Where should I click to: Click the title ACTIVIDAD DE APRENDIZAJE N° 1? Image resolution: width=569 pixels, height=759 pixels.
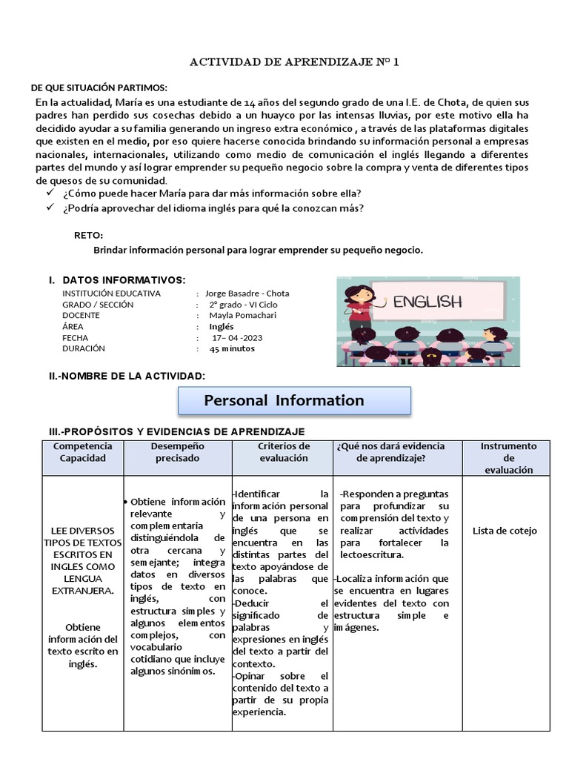[x=295, y=62]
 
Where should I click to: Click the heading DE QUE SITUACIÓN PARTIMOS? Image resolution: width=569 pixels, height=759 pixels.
[x=99, y=88]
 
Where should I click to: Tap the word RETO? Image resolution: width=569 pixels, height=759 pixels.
[x=88, y=235]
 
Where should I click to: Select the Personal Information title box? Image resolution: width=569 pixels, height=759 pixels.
[x=293, y=400]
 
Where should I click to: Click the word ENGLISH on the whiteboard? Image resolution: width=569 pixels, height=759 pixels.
[x=427, y=302]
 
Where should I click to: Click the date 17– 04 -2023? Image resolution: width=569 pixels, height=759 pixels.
[x=236, y=337]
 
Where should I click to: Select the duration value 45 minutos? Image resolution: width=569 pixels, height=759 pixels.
[x=232, y=348]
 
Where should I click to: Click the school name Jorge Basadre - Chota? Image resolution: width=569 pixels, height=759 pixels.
[x=247, y=293]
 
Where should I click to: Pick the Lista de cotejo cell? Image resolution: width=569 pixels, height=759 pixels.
[x=505, y=531]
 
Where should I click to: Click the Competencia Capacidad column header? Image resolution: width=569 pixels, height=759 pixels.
[x=83, y=452]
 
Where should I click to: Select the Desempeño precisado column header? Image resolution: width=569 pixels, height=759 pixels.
[x=177, y=452]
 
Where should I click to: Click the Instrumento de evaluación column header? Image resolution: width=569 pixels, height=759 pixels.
[x=508, y=458]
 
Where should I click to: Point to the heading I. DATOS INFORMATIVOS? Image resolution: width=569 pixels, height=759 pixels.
[x=118, y=280]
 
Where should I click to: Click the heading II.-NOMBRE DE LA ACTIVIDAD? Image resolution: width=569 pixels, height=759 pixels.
[x=127, y=377]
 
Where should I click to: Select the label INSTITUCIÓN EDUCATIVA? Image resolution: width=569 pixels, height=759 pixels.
[x=111, y=293]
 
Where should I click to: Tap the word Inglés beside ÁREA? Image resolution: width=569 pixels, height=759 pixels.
[x=221, y=326]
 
